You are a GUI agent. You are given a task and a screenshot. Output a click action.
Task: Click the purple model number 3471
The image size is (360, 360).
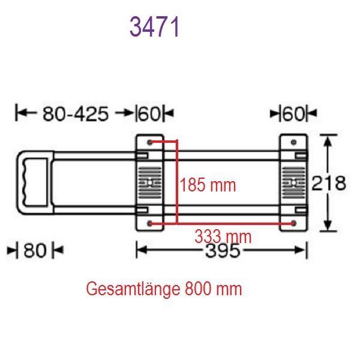click(x=155, y=27)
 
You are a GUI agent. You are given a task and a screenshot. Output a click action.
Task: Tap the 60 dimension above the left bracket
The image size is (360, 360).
click(x=152, y=113)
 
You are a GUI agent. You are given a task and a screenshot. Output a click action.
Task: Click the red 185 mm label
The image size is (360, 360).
click(x=208, y=185)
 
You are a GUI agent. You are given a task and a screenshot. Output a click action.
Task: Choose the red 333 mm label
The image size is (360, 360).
click(x=223, y=236)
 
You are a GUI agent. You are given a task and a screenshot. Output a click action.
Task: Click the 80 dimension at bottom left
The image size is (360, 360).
click(x=35, y=250)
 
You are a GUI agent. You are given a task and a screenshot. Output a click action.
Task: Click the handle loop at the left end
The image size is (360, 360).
click(x=34, y=182)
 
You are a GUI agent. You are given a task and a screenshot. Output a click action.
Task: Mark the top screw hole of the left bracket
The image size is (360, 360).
click(x=150, y=142)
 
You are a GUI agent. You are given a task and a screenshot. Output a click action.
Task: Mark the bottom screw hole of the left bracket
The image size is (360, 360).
click(x=150, y=224)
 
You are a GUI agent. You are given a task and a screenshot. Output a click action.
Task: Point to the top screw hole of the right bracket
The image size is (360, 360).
click(x=293, y=142)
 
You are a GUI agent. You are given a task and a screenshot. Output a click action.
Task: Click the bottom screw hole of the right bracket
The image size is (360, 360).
click(x=293, y=223)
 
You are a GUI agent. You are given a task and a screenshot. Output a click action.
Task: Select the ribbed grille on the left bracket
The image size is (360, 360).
click(x=150, y=182)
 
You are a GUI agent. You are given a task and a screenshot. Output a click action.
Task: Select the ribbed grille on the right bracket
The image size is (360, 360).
click(x=293, y=182)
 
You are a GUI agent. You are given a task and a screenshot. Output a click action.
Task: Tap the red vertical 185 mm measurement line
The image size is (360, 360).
click(x=176, y=180)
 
